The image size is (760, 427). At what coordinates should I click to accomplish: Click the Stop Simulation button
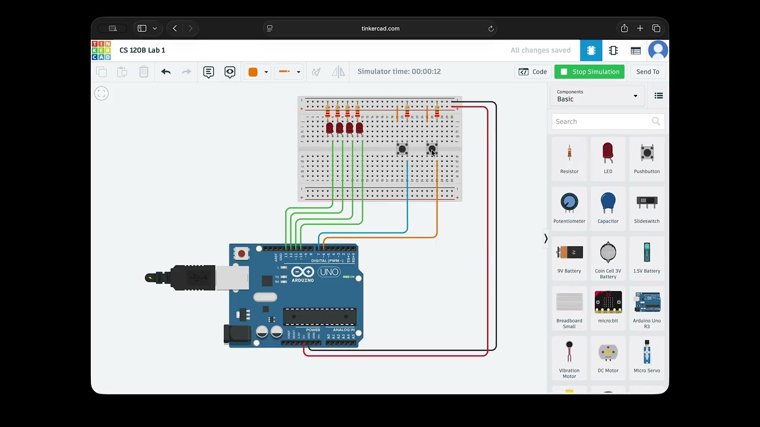point(590,72)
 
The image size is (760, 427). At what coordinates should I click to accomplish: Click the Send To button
point(647,72)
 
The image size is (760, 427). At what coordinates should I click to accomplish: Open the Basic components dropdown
point(597,95)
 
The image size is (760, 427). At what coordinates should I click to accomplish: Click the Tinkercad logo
point(101,50)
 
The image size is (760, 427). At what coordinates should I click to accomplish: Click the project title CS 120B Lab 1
point(142,50)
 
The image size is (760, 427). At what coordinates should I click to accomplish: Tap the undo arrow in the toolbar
point(166,72)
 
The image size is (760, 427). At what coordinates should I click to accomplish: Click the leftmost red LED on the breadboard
point(330,128)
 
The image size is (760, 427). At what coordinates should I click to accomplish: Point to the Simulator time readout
point(399,72)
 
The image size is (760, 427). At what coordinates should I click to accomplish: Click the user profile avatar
point(658,50)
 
